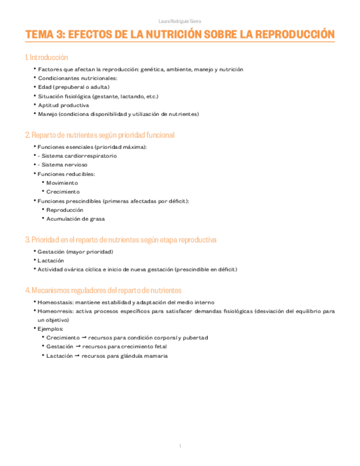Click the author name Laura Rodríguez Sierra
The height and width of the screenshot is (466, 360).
(x=179, y=21)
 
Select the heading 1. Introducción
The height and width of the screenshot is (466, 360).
(x=47, y=57)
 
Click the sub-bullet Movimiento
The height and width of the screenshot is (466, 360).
(x=62, y=182)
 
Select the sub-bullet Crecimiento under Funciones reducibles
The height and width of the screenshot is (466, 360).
(x=63, y=192)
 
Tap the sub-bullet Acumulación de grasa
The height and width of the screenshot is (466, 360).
(x=75, y=219)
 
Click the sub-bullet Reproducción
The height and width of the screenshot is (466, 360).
(x=65, y=210)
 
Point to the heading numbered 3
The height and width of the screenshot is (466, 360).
(x=121, y=240)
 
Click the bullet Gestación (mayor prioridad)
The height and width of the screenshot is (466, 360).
(x=75, y=252)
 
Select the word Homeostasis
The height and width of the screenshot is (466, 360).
(x=54, y=302)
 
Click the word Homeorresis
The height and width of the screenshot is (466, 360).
(x=54, y=311)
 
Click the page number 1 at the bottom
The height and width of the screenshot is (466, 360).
(x=180, y=446)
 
